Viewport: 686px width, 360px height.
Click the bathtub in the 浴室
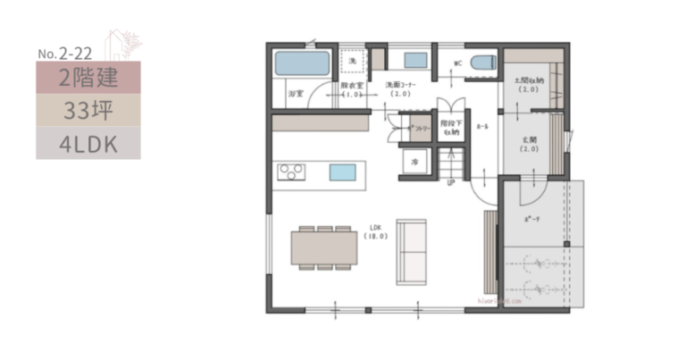pyautogui.click(x=302, y=63)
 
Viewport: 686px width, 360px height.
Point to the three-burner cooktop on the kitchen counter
pyautogui.click(x=291, y=172)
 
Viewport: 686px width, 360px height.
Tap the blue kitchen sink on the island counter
pyautogui.click(x=342, y=172)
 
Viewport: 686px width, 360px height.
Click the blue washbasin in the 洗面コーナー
pyautogui.click(x=414, y=61)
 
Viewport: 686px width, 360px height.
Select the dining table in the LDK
pyautogui.click(x=324, y=246)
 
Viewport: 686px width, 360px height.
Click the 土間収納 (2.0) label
pyautogui.click(x=526, y=86)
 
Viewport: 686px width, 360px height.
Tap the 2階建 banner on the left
pyautogui.click(x=88, y=78)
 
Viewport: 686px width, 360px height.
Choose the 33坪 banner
pyautogui.click(x=88, y=111)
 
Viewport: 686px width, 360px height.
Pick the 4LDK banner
pyautogui.click(x=88, y=143)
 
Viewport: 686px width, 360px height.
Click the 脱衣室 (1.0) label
pyautogui.click(x=350, y=89)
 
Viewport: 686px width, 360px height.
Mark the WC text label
pyautogui.click(x=456, y=63)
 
